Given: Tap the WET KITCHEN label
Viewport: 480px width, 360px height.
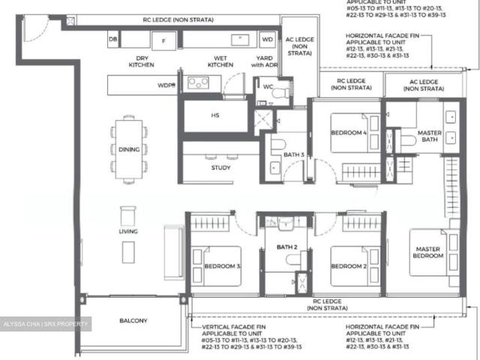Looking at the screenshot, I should coord(220,61).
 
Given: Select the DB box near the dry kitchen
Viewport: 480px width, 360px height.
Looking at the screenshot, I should coord(113,38).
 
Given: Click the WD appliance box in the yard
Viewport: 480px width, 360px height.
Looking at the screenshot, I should coord(267,38).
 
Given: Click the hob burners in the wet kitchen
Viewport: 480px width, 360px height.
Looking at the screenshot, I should coord(198,83).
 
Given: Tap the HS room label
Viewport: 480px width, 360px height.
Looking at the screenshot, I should coord(214,115).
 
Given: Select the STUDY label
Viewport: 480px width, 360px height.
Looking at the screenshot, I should coord(220,167).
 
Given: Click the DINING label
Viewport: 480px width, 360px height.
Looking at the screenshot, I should coord(128,149).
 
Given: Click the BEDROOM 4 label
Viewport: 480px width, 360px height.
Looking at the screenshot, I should coord(349,134).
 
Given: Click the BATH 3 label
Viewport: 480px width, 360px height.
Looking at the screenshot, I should coord(293,155).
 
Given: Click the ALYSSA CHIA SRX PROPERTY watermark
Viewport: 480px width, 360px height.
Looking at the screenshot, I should coord(45,324).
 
